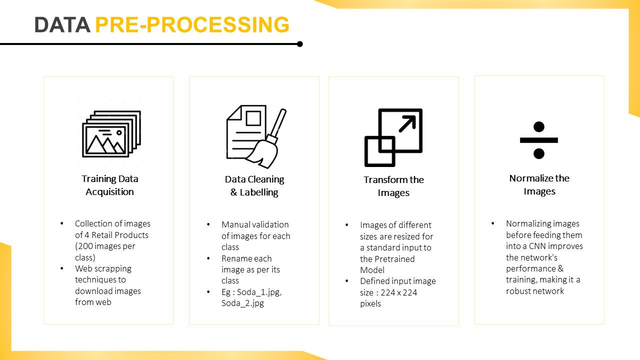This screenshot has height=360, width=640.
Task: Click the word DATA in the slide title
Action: tap(61, 25)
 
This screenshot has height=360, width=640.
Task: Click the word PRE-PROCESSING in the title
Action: tap(192, 25)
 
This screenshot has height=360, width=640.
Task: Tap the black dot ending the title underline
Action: tap(299, 44)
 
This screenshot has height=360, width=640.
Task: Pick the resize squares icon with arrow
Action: tap(393, 137)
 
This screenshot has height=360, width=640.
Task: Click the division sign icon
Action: tap(538, 140)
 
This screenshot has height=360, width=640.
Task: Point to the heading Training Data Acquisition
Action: tap(110, 185)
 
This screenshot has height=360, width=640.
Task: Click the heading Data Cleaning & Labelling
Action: tap(254, 185)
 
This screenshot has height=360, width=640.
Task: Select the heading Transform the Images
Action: tap(393, 186)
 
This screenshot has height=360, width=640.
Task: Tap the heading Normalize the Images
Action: tap(539, 184)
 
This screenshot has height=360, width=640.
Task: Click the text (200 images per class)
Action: tap(105, 251)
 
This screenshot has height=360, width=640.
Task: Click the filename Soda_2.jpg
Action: tap(242, 303)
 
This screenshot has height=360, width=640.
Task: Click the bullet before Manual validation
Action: tap(208, 224)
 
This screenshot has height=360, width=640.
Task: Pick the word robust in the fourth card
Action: tap(519, 291)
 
